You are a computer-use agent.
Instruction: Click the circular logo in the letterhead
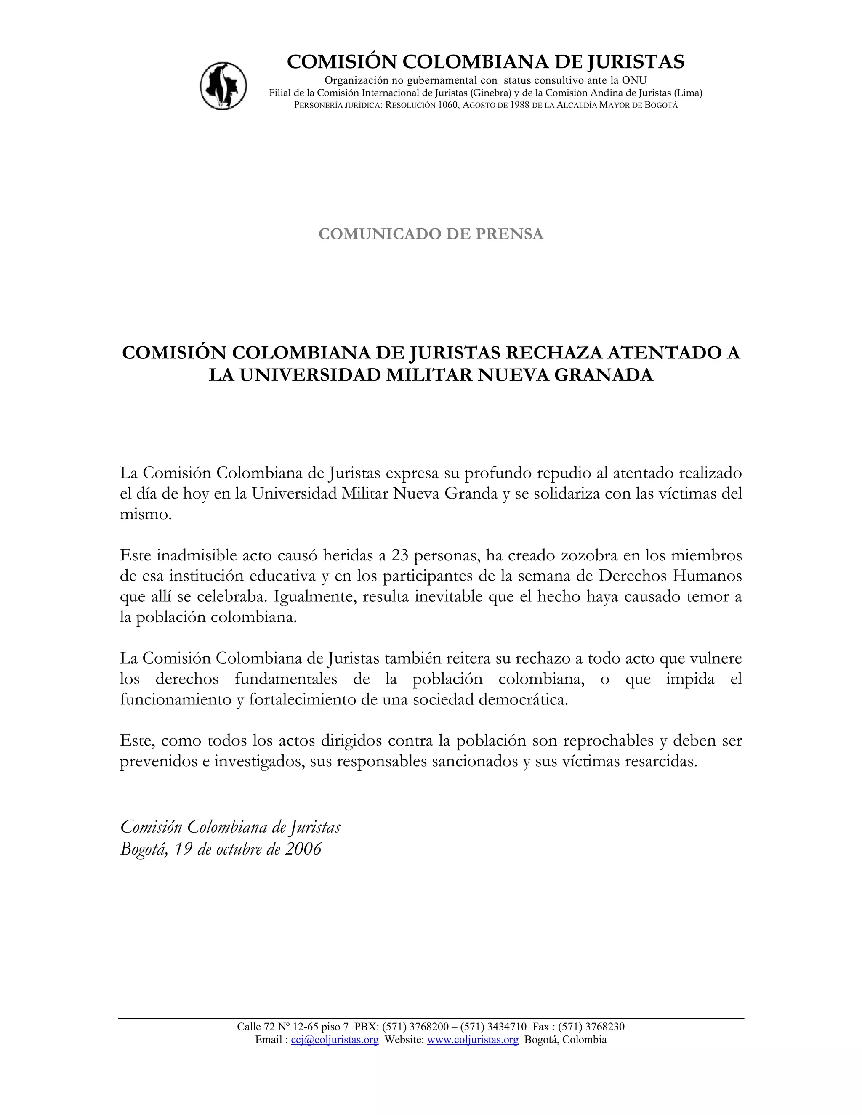pos(223,86)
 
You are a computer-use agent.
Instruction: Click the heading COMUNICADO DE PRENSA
pos(431,234)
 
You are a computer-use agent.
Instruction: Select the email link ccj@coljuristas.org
pos(335,1040)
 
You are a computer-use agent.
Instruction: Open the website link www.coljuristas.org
pos(472,1040)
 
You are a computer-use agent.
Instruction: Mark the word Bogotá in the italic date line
pos(144,850)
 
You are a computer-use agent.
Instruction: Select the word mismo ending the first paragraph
pos(145,515)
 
